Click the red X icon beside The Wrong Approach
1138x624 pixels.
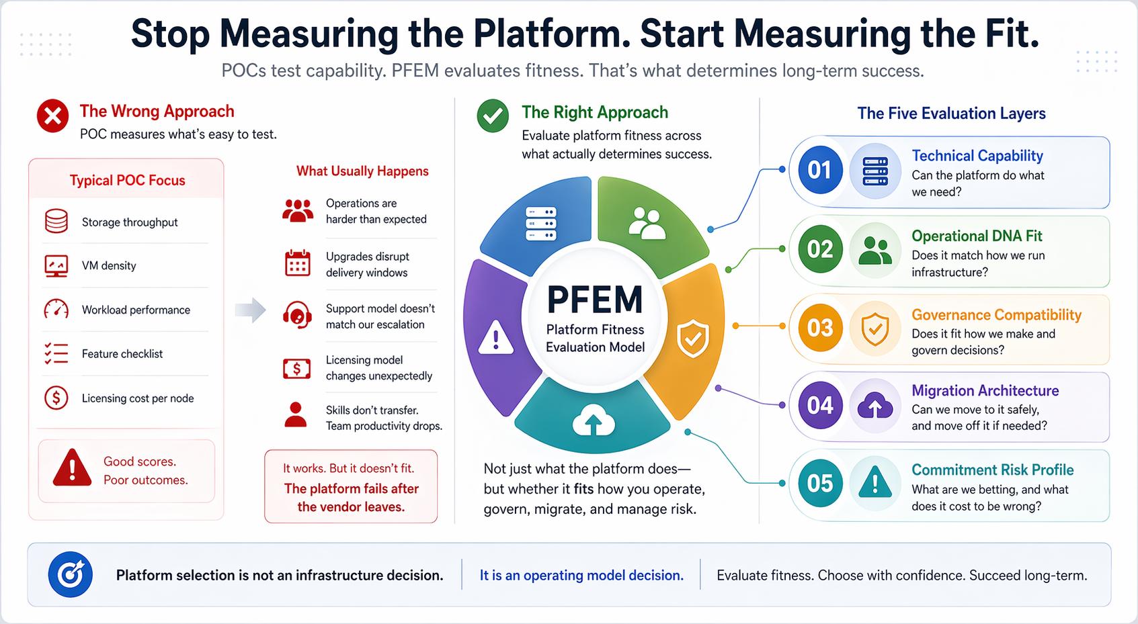[52, 116]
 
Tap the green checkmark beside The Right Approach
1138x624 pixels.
[493, 116]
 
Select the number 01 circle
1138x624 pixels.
[819, 170]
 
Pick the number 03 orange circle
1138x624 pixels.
[819, 328]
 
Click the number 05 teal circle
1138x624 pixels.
[819, 484]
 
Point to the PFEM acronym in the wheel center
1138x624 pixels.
[594, 300]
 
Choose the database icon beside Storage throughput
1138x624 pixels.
[56, 222]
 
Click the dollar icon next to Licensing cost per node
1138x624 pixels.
[56, 398]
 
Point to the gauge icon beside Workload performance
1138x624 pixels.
[56, 309]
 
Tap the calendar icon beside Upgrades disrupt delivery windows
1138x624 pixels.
[297, 263]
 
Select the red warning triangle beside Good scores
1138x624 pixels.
[72, 468]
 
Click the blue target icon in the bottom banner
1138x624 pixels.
[71, 575]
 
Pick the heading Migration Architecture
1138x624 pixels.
[985, 391]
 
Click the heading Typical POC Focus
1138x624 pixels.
[127, 180]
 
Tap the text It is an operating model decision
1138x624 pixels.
[581, 575]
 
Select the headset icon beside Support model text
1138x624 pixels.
[297, 314]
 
